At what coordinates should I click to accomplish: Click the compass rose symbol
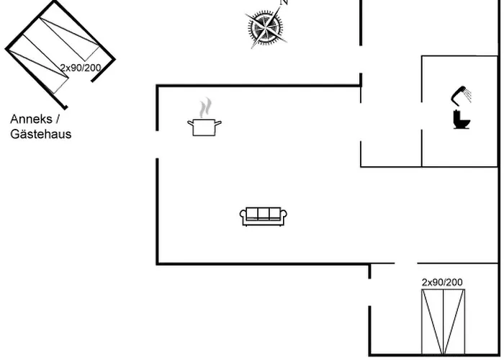coord(266,27)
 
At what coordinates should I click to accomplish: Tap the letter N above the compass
coord(284,2)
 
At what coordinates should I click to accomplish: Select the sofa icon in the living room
coord(264,216)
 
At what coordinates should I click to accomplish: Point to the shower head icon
coord(462,95)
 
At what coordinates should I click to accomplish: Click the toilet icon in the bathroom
coord(462,120)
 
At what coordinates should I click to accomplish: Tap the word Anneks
coord(31,120)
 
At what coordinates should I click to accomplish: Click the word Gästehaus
coord(41,134)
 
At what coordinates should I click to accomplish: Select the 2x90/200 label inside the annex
coord(81,68)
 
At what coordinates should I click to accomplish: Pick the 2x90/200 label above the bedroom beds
coord(442,282)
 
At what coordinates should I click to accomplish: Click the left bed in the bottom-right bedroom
coord(433,322)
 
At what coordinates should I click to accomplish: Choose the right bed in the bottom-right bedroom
coord(454,322)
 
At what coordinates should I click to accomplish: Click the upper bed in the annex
coord(69,39)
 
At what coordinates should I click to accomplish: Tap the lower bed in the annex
coord(38,63)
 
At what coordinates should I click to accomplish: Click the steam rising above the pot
coord(205,108)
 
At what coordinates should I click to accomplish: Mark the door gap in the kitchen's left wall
coord(157,145)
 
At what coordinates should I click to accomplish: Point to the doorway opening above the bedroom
coord(406,264)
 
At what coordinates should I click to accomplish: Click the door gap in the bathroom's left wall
coord(422,116)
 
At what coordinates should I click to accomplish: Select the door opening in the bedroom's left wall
coord(369,292)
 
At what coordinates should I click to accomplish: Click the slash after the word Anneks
coord(58,120)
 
